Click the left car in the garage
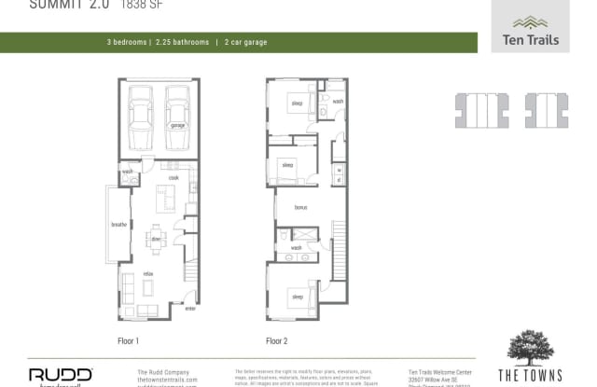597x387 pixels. [x=140, y=118]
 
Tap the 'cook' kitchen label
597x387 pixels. [x=173, y=177]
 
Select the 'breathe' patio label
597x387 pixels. [x=118, y=225]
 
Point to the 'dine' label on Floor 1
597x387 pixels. [x=156, y=238]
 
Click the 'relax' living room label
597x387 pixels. [x=148, y=273]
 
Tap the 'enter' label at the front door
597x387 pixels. [x=190, y=308]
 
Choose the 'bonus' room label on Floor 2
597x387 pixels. [x=300, y=208]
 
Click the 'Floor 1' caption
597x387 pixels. [x=130, y=340]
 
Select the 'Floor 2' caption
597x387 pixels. [x=277, y=340]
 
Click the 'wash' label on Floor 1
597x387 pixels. [x=126, y=173]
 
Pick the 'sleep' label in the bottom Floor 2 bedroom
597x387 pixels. [x=298, y=297]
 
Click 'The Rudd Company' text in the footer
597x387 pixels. [x=158, y=371]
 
